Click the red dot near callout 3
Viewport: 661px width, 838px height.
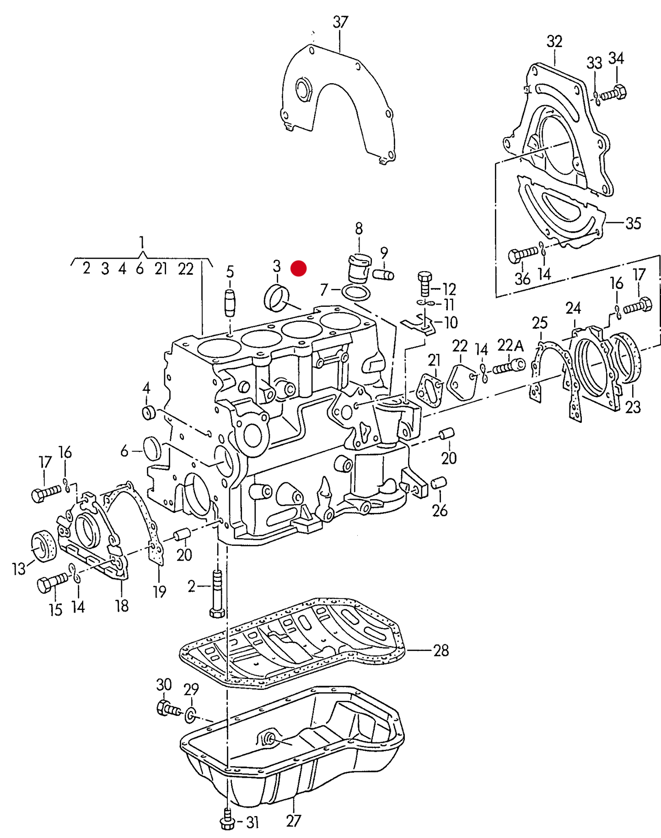[299, 268]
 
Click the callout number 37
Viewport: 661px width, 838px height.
[340, 22]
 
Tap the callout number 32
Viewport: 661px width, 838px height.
[554, 42]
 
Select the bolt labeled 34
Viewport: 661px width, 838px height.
[613, 93]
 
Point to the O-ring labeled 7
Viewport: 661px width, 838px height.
[356, 293]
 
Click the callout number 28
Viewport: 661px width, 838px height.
[441, 650]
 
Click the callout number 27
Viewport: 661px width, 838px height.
[294, 820]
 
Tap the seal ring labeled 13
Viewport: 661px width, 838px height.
[43, 545]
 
